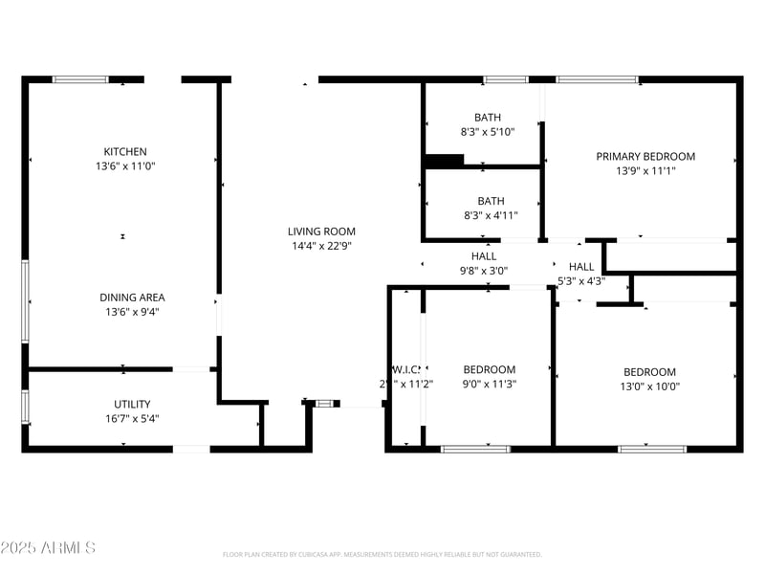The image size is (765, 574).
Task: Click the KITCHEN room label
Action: click(125, 151)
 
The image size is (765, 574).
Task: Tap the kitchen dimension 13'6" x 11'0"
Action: click(125, 166)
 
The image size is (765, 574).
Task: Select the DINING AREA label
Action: click(125, 297)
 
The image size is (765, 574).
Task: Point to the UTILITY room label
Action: click(131, 404)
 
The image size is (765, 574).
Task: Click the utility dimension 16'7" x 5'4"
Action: click(131, 418)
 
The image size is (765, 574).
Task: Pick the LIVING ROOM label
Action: click(321, 231)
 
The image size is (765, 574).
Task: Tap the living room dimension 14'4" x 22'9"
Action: click(321, 246)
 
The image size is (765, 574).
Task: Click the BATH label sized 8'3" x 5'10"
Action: click(488, 118)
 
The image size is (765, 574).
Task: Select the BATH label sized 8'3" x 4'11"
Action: click(491, 201)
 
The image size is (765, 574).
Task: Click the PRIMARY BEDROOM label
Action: click(645, 156)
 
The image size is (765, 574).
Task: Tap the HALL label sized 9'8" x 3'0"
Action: click(484, 256)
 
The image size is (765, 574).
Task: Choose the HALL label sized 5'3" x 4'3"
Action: click(581, 267)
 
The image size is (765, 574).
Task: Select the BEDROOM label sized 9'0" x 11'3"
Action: click(490, 369)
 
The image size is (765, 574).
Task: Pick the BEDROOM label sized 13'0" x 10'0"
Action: click(649, 372)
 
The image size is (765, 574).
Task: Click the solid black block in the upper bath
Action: click(444, 161)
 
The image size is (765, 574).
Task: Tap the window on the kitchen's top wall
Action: click(80, 79)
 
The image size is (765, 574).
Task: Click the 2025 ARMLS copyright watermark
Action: click(48, 547)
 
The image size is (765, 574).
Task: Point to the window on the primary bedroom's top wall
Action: click(598, 79)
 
